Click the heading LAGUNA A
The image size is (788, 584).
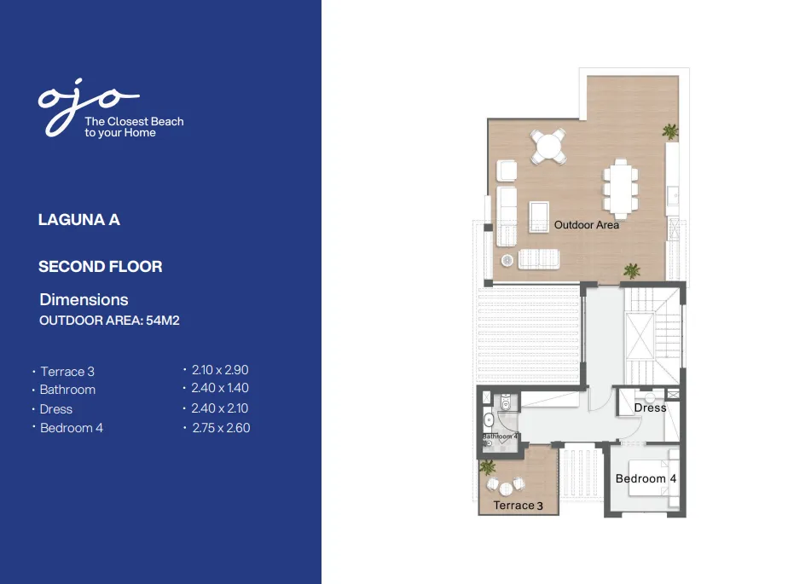point(79,220)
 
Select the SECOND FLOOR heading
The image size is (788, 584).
point(100,267)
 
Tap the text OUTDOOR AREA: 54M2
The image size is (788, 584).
point(109,321)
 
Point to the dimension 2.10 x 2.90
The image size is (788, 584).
point(220,370)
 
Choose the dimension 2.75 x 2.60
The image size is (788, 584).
point(220,428)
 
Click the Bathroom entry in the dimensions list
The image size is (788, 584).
point(67,390)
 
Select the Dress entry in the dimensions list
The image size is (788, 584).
point(56,409)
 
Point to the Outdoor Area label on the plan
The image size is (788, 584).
point(587,225)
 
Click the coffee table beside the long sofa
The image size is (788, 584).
point(539,216)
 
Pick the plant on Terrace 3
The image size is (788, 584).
point(488,467)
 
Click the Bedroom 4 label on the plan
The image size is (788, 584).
point(646,479)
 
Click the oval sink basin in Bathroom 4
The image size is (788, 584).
point(487,420)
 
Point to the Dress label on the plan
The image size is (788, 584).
point(650,408)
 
